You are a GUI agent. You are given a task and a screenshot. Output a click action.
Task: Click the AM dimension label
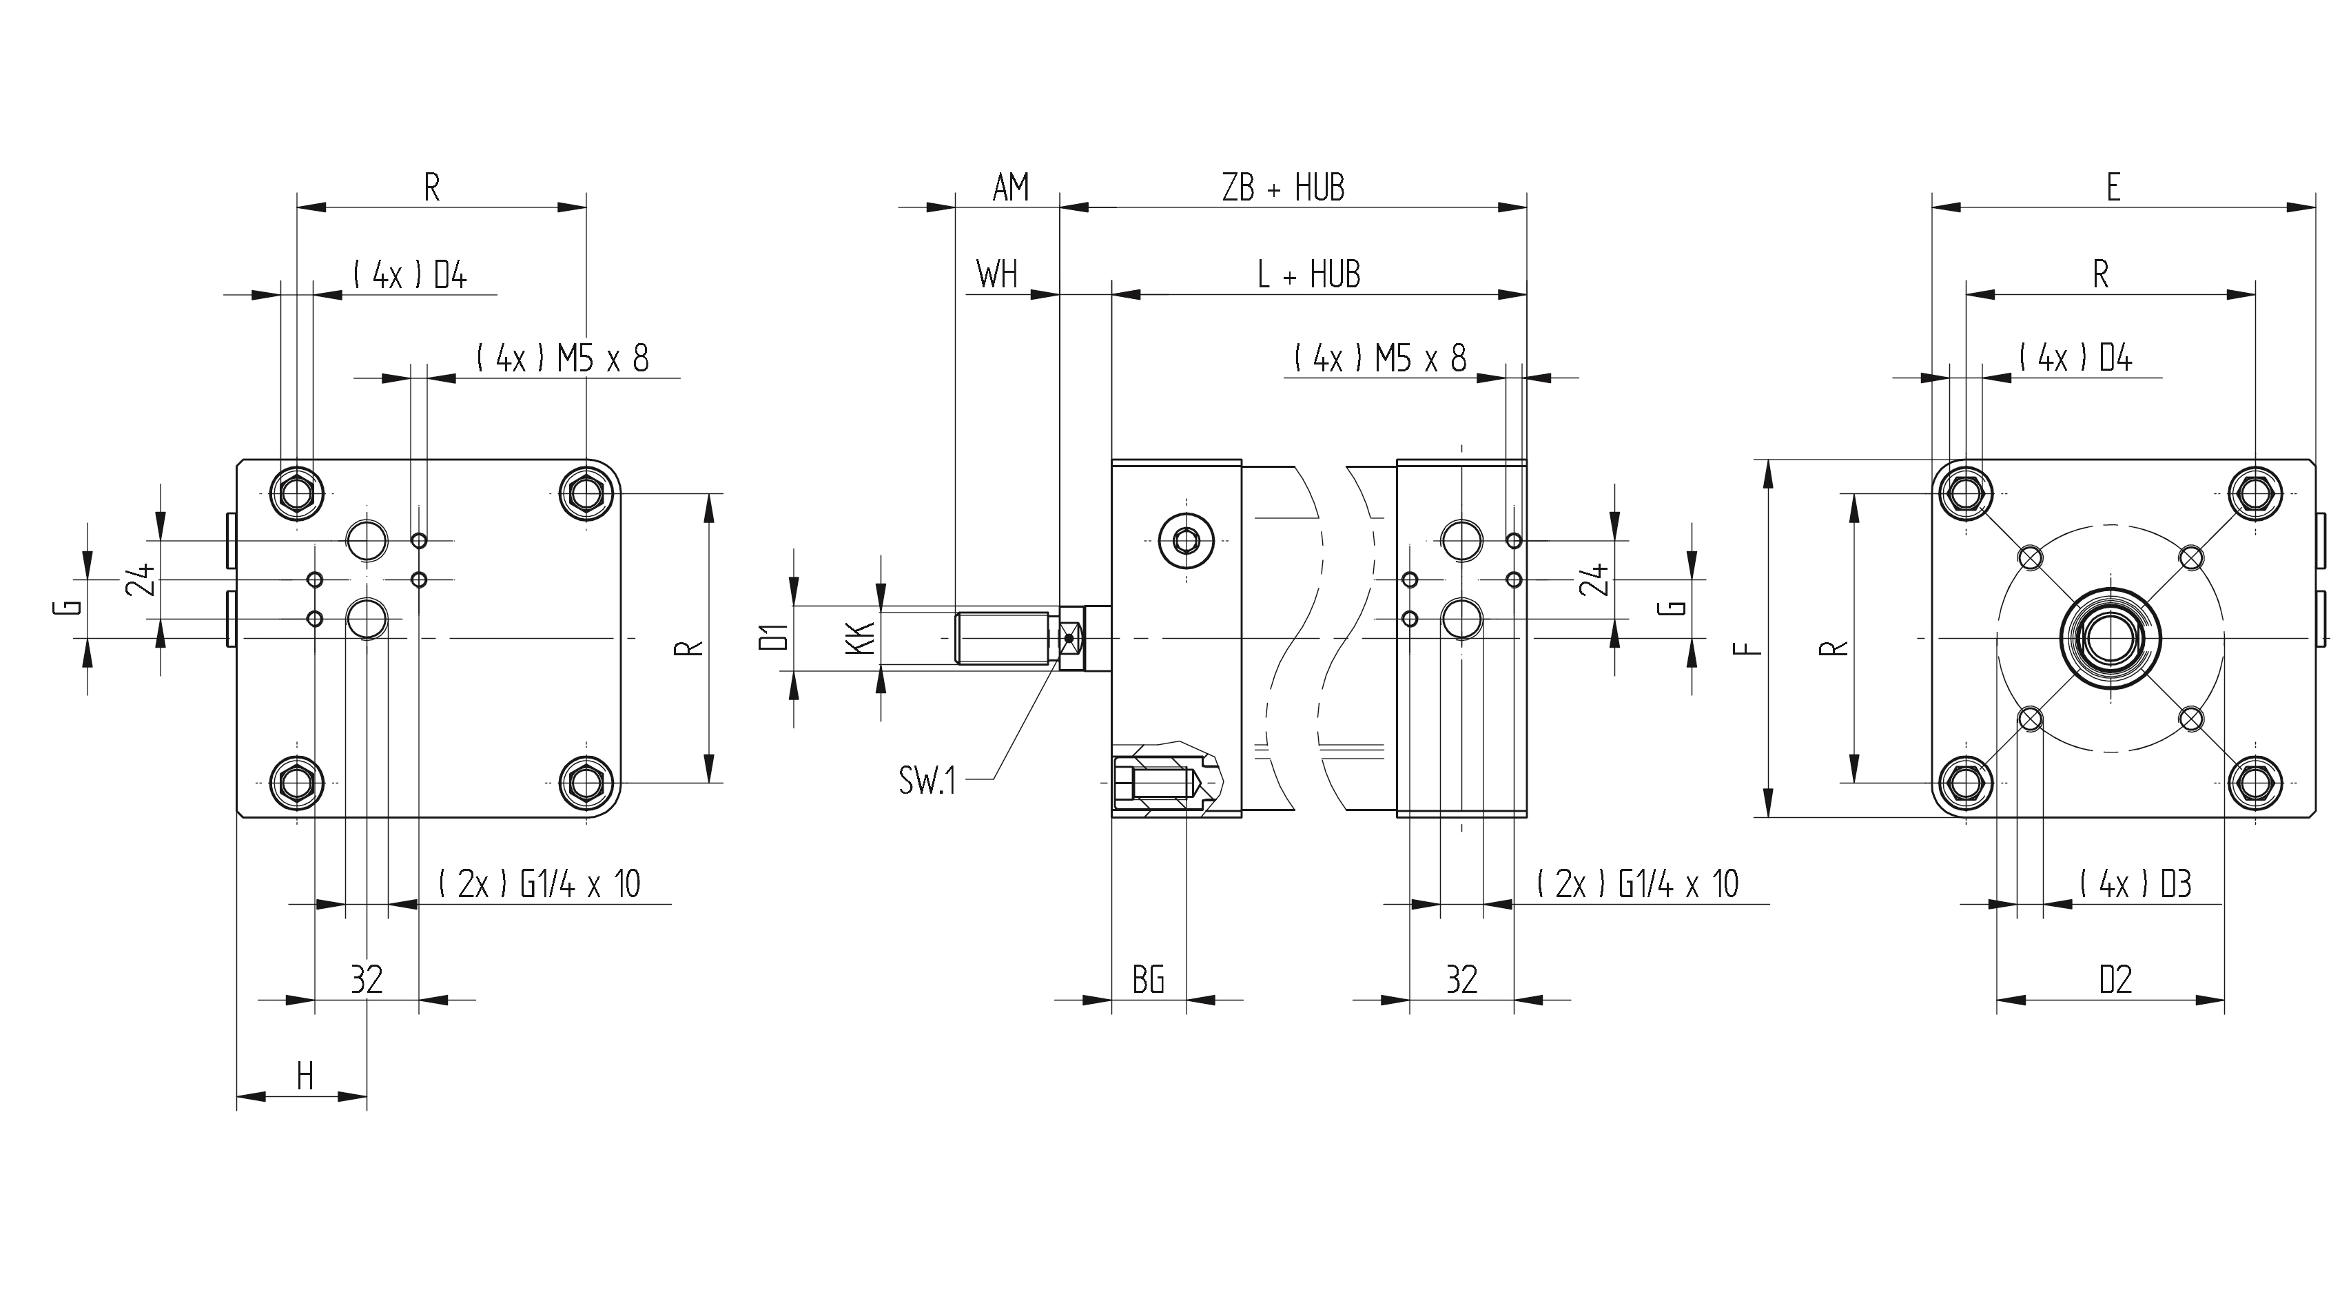[x=1011, y=187]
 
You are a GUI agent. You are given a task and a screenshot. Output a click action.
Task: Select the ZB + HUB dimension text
[x=1283, y=187]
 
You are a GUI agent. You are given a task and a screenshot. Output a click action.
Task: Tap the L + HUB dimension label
[x=1308, y=274]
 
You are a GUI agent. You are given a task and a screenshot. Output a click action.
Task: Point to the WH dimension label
[x=996, y=274]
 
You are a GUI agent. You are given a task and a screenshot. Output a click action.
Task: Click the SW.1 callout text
[x=927, y=779]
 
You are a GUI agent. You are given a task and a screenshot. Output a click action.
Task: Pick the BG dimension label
[x=1149, y=979]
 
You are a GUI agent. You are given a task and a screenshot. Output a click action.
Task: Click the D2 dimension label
[x=2115, y=979]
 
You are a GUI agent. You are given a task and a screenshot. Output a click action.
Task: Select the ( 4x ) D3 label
[x=2135, y=883]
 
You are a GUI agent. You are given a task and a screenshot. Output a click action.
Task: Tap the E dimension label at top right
[x=2113, y=187]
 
